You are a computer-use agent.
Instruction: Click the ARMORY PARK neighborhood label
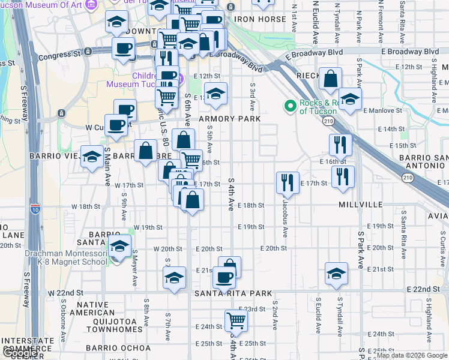click(x=234, y=119)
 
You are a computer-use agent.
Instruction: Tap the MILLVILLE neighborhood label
click(x=360, y=205)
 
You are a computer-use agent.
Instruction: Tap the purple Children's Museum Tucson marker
click(x=137, y=77)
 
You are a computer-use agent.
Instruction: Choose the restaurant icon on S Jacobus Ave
click(x=288, y=182)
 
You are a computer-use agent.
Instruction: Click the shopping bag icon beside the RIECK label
click(x=330, y=78)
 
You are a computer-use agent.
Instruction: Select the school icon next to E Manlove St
click(x=350, y=99)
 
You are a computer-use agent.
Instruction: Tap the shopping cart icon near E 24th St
click(x=237, y=320)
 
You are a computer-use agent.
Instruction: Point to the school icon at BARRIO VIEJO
click(x=92, y=157)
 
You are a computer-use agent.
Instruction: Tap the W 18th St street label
click(x=85, y=206)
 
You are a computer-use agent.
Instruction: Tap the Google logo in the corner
click(x=20, y=353)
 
